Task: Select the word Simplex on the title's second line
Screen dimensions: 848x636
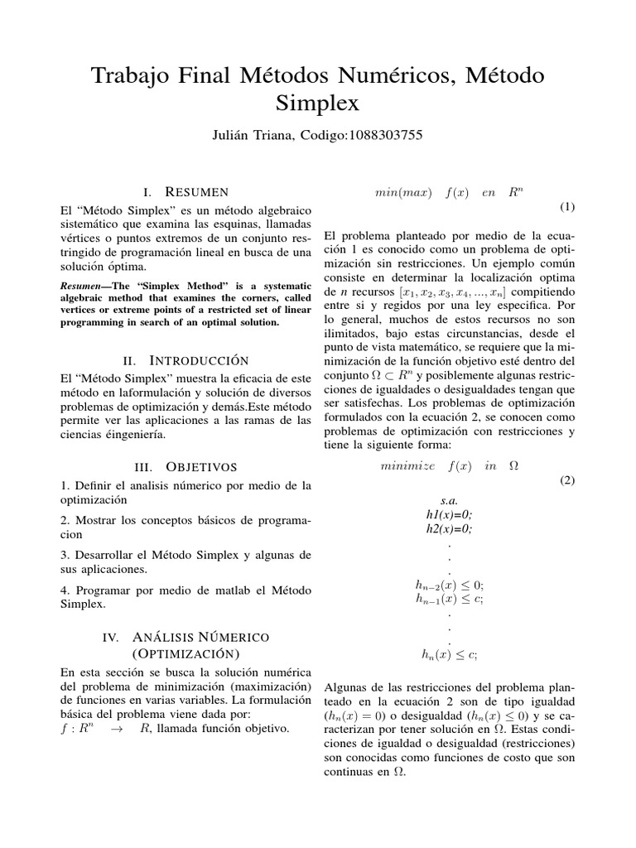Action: [x=317, y=104]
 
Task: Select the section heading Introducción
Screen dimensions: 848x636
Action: [x=199, y=361]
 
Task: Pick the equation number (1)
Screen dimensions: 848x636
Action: [x=566, y=206]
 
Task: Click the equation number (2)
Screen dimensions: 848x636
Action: [x=566, y=480]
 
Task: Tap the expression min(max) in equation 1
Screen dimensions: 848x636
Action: [x=403, y=193]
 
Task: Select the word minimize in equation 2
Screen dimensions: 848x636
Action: [x=407, y=466]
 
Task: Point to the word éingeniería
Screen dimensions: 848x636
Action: [x=136, y=434]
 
